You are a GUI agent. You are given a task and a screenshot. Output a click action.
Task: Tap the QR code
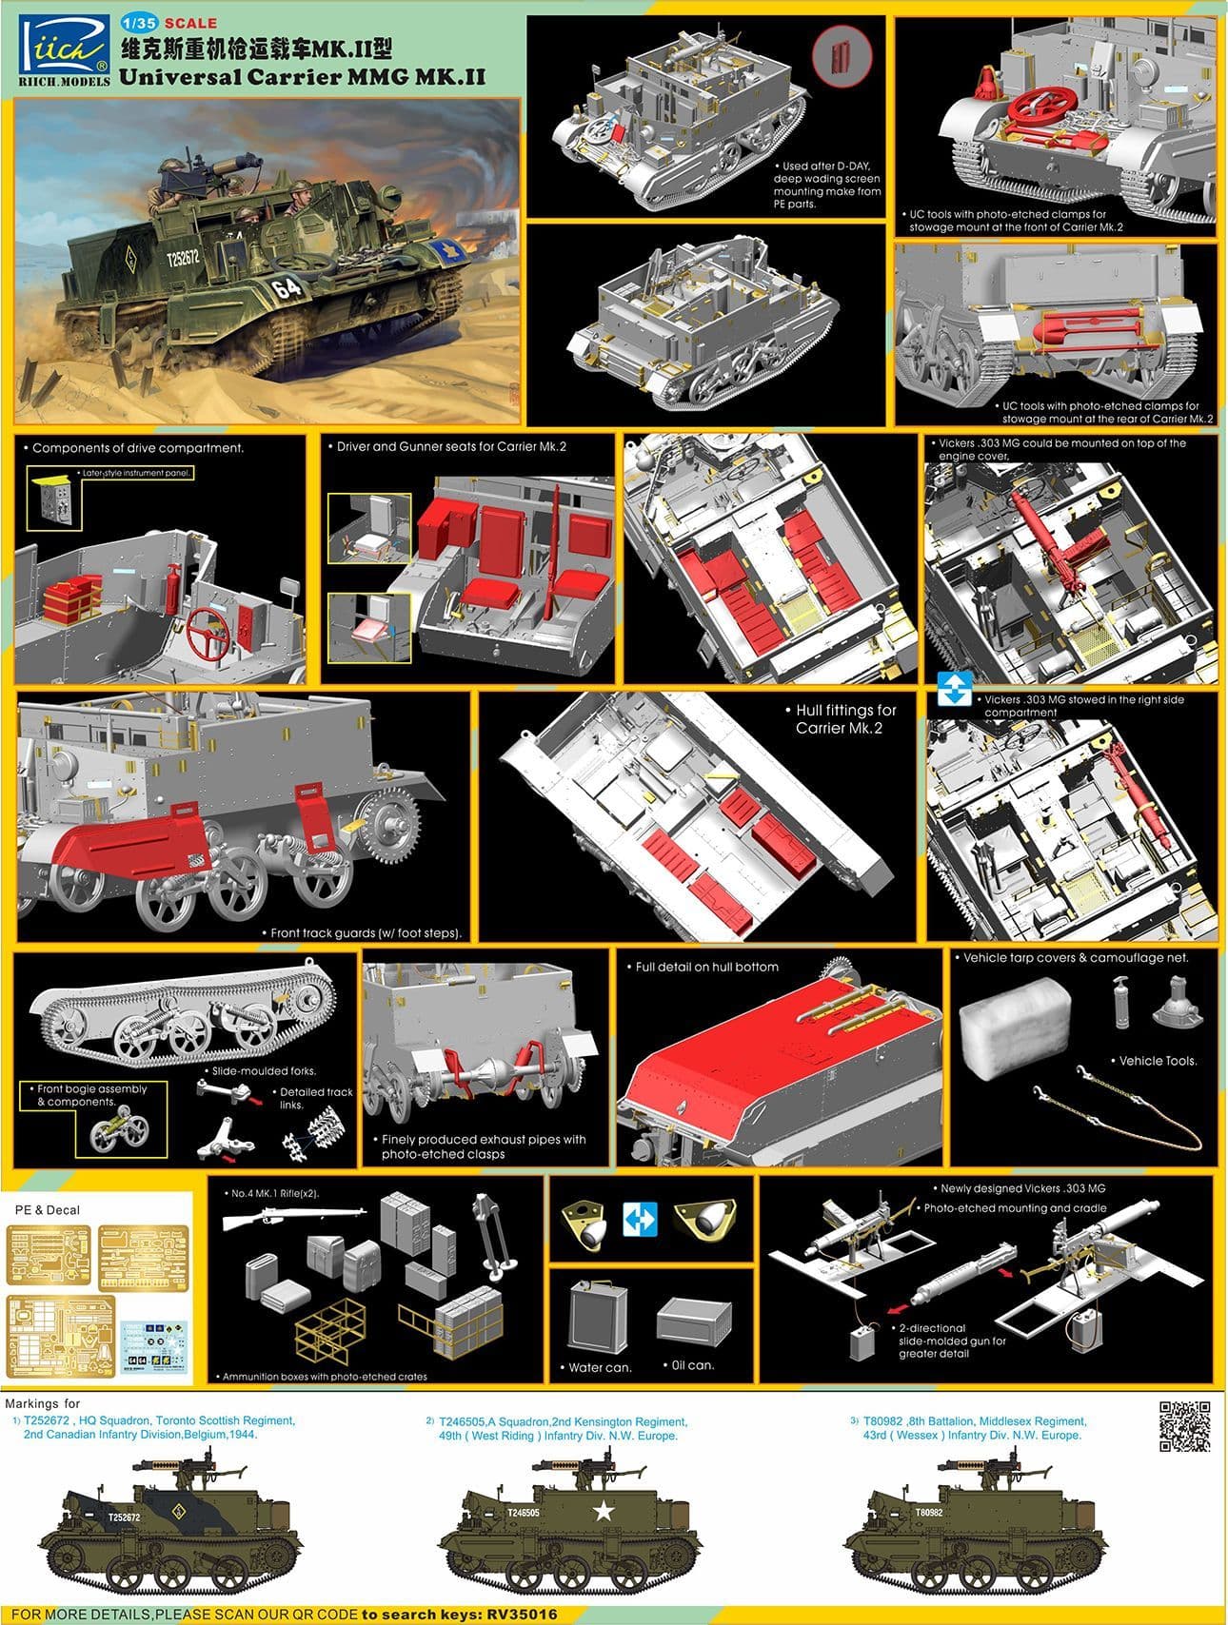[1184, 1424]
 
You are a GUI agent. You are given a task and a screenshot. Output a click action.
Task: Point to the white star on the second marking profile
[602, 1510]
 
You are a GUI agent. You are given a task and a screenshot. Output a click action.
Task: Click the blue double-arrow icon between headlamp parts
[640, 1220]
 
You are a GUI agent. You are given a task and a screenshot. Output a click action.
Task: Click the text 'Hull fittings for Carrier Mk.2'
[840, 719]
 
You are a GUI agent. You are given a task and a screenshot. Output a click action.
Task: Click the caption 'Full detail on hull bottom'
[705, 967]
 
